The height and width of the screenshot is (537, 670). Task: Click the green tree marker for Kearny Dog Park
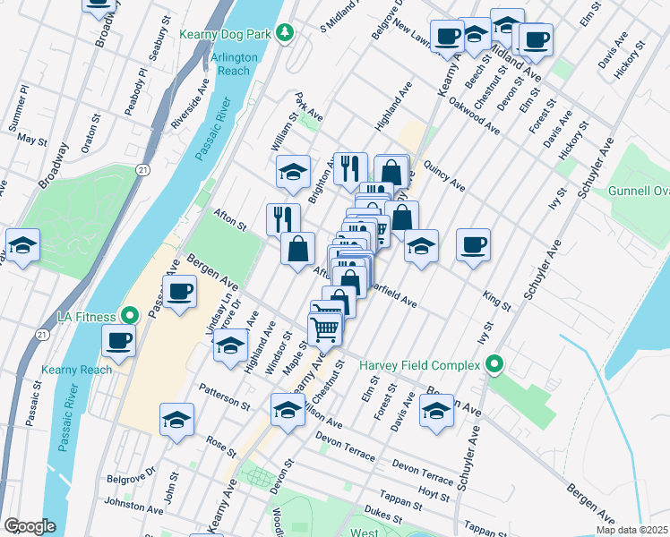pyautogui.click(x=286, y=32)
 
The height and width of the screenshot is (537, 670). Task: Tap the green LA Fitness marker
pyautogui.click(x=129, y=316)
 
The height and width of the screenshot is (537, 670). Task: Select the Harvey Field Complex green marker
pyautogui.click(x=492, y=365)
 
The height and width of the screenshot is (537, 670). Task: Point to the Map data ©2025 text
pyautogui.click(x=631, y=530)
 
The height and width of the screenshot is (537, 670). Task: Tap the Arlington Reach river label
pyautogui.click(x=234, y=64)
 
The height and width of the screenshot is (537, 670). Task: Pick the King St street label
pyautogui.click(x=496, y=300)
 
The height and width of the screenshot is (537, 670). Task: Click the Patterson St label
pyautogui.click(x=225, y=398)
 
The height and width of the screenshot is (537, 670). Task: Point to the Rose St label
pyautogui.click(x=215, y=442)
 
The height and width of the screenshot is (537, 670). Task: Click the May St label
pyautogui.click(x=31, y=141)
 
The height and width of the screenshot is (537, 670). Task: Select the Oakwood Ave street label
pyautogui.click(x=474, y=116)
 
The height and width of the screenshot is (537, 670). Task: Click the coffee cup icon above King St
pyautogui.click(x=474, y=243)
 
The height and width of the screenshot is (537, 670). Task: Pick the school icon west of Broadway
pyautogui.click(x=22, y=244)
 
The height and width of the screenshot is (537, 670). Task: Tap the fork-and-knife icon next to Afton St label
pyautogui.click(x=283, y=217)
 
